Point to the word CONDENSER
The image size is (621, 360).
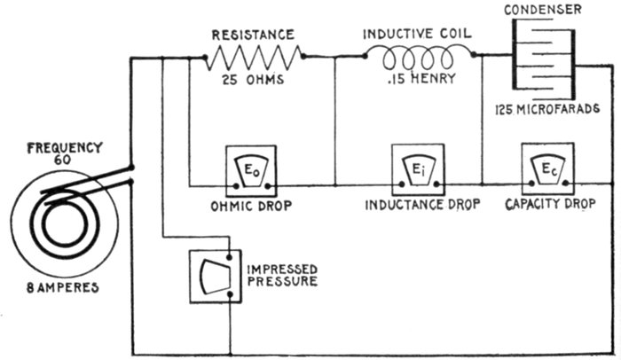(554, 10)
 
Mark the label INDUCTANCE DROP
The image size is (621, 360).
(422, 205)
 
